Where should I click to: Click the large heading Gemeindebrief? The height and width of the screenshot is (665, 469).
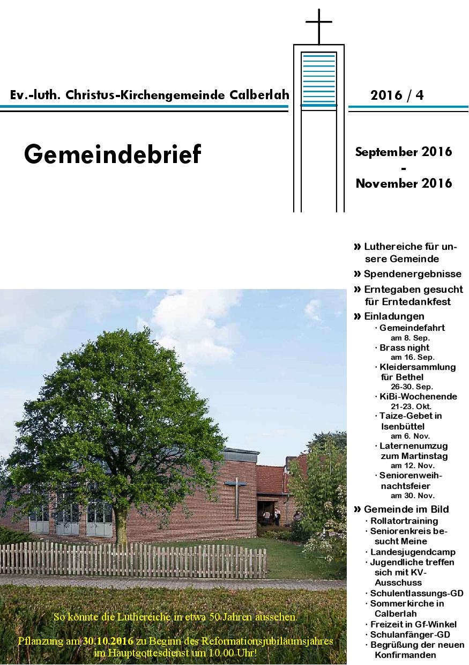click(113, 154)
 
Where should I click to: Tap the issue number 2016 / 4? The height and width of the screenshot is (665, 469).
click(397, 95)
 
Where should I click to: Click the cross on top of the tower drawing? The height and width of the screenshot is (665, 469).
click(319, 25)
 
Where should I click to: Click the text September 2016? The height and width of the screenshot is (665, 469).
click(404, 152)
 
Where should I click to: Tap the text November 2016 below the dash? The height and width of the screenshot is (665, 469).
click(404, 183)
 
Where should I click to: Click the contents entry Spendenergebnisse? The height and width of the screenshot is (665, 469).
click(412, 274)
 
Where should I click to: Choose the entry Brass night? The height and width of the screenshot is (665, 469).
click(405, 348)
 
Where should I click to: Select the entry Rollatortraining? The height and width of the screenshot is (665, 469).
click(404, 521)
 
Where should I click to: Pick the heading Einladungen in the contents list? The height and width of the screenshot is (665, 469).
click(394, 316)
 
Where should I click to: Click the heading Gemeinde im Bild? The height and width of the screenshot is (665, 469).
click(406, 509)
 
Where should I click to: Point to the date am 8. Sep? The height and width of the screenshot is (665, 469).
click(411, 338)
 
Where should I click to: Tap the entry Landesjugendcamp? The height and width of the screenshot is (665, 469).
click(413, 552)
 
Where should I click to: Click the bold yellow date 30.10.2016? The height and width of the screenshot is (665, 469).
click(108, 641)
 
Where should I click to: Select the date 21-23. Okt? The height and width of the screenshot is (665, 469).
click(412, 407)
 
